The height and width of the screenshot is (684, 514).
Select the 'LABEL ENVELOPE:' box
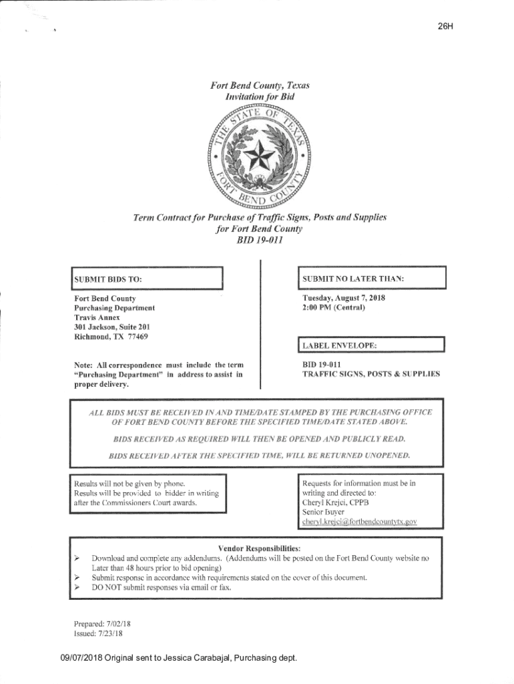[370, 345]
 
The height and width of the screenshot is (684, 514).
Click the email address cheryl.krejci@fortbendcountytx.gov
[360, 521]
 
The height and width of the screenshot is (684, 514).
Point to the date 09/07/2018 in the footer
[82, 659]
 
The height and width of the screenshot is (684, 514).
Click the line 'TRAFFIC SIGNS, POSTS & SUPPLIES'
[371, 375]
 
